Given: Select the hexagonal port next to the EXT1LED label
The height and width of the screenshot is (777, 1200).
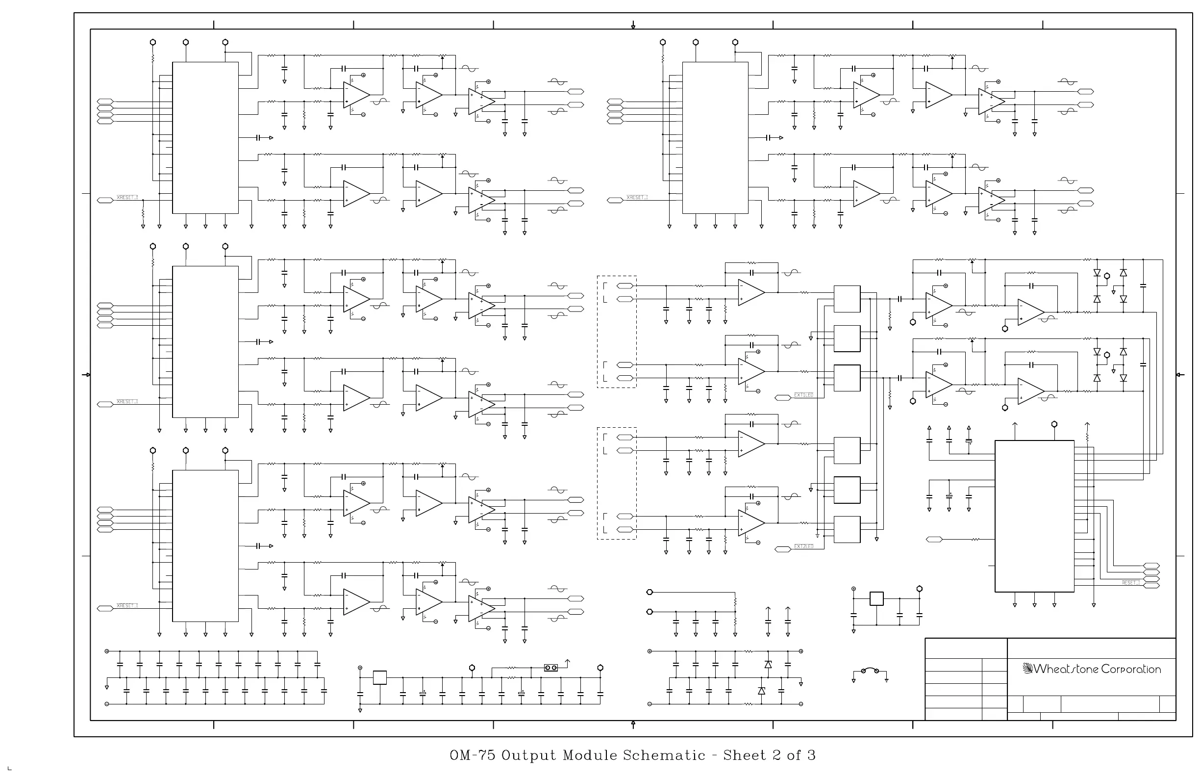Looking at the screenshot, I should pyautogui.click(x=782, y=398).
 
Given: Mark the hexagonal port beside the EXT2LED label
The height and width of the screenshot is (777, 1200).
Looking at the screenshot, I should pyautogui.click(x=782, y=549).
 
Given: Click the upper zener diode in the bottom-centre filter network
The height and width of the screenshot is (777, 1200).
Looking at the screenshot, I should pyautogui.click(x=768, y=665).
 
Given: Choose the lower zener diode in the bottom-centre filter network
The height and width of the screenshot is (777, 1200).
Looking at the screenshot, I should pyautogui.click(x=761, y=691).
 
